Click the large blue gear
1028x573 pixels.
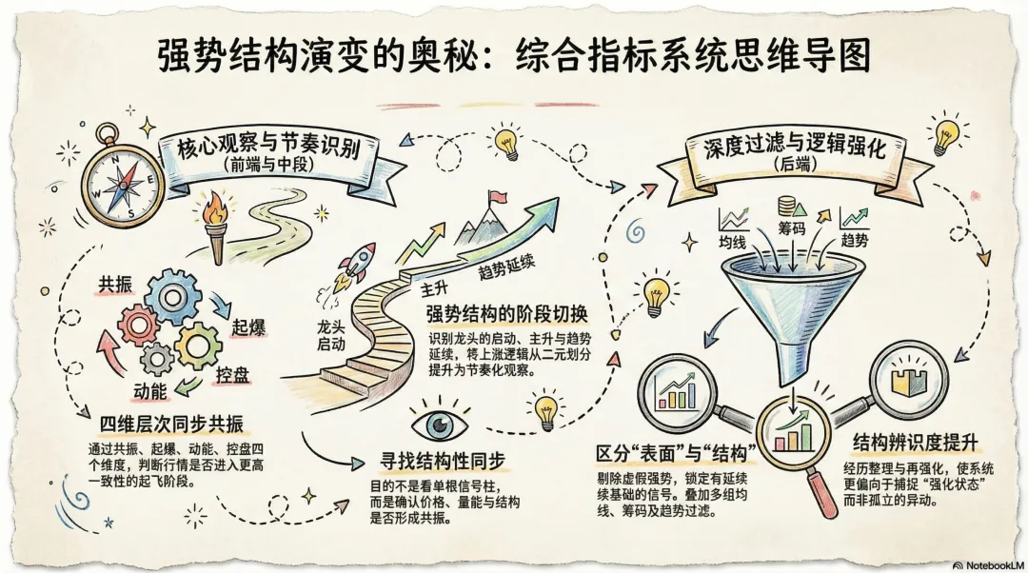pos(176,295)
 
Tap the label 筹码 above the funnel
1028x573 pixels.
pos(792,230)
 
